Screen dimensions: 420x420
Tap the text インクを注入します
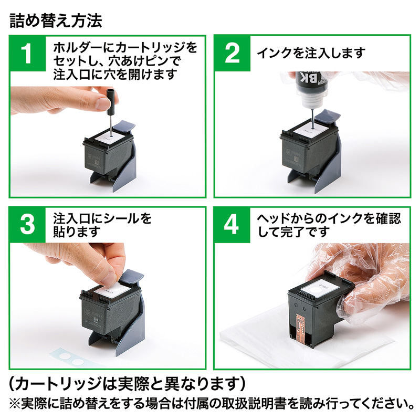pyautogui.click(x=310, y=54)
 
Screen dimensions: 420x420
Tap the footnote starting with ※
pyautogui.click(x=210, y=403)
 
